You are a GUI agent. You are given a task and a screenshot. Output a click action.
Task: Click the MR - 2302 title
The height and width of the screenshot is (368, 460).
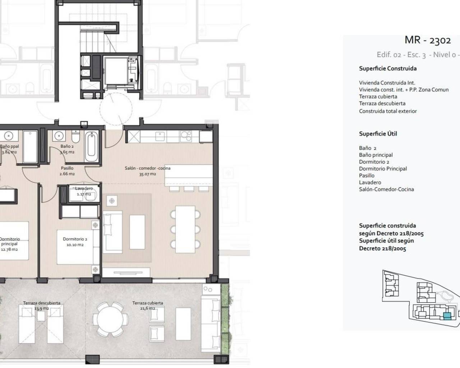[427, 40]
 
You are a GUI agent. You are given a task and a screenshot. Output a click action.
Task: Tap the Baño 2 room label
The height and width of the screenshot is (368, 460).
[67, 146]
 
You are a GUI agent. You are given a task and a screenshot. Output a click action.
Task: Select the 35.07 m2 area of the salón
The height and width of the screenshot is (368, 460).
[147, 174]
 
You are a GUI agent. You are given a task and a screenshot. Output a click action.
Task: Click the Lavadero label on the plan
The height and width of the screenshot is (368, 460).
[84, 188]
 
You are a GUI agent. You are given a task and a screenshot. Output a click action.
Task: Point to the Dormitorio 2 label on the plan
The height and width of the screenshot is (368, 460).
[75, 239]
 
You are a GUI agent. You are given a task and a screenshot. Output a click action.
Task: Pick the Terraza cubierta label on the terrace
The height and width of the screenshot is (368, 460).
[147, 303]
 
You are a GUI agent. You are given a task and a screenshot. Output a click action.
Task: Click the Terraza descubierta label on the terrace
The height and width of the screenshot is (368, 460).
[42, 303]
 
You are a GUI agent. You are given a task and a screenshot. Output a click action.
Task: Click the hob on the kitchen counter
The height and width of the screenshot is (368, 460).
[186, 135]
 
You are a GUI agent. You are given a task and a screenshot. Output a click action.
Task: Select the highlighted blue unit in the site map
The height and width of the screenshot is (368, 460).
[447, 316]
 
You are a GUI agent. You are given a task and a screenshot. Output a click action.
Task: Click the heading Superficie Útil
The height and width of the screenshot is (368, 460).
[378, 134]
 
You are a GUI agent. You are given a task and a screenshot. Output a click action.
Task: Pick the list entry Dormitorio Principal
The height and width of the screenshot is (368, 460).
[383, 169]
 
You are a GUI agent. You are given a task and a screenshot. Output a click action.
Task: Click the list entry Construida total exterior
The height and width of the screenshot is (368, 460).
[388, 111]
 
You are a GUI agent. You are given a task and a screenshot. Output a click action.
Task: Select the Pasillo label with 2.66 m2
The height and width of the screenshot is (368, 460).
[67, 171]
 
